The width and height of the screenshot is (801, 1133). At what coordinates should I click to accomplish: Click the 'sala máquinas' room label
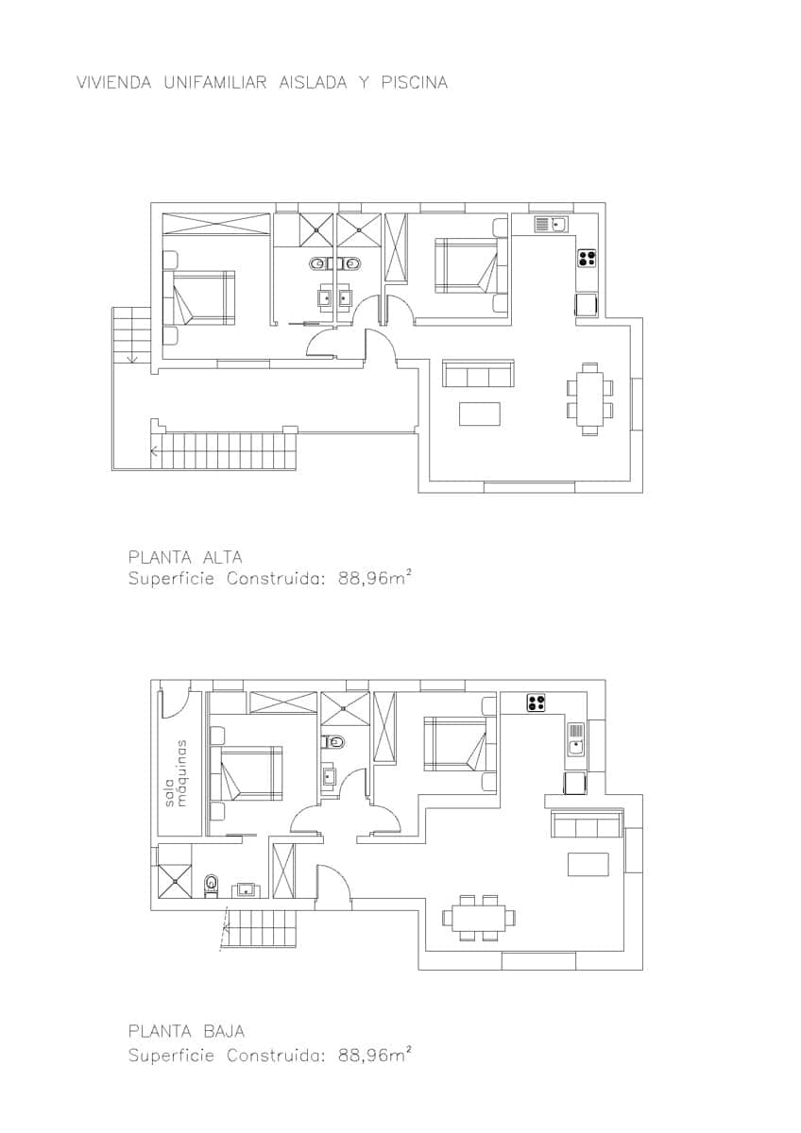(178, 771)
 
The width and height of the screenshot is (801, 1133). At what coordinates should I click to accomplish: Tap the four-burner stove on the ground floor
(536, 702)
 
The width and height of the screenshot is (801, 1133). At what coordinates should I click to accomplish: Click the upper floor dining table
(590, 398)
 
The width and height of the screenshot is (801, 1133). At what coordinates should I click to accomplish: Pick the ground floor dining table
(480, 918)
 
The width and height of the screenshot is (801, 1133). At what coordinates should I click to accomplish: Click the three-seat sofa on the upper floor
(479, 374)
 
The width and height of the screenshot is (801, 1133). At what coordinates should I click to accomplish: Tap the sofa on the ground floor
(587, 824)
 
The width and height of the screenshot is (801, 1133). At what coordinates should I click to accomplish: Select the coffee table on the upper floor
(480, 414)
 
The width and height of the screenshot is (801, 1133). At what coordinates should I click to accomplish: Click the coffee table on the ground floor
(588, 864)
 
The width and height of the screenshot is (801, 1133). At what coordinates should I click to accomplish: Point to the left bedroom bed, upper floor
(199, 298)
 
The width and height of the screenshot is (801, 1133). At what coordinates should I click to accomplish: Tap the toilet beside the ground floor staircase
(211, 885)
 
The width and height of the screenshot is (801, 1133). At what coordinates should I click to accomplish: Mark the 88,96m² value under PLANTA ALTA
(373, 580)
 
